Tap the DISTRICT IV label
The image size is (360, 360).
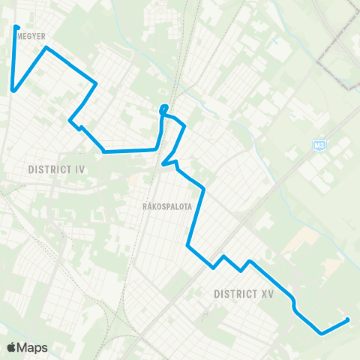(x=56, y=169)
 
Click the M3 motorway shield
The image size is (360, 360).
(x=319, y=145)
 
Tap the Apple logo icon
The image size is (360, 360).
(x=13, y=346)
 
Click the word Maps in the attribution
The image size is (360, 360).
(x=34, y=347)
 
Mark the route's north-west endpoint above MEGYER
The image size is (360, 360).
(x=16, y=28)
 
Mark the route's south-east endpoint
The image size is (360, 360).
(x=347, y=320)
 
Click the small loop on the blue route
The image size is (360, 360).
(x=163, y=110)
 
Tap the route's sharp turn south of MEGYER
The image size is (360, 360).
(x=13, y=91)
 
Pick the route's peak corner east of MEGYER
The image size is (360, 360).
(x=46, y=48)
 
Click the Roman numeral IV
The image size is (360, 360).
(x=80, y=169)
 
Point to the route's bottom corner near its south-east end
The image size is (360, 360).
(x=321, y=333)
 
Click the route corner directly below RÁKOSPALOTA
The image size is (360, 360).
(x=188, y=244)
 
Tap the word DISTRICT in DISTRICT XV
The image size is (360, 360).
(x=234, y=293)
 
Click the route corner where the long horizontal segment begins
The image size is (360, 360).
(x=103, y=151)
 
